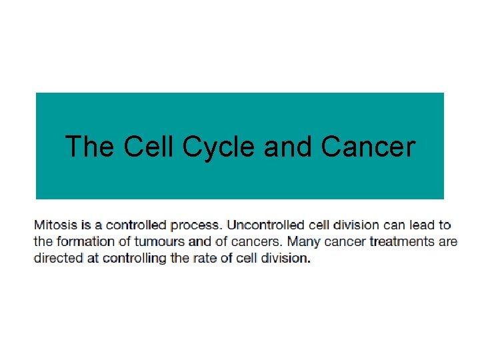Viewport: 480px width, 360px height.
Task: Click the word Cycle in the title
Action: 219,147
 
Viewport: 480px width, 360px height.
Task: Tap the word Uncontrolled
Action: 266,225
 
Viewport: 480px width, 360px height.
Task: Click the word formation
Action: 84,241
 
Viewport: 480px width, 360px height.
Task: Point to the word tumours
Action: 151,241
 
